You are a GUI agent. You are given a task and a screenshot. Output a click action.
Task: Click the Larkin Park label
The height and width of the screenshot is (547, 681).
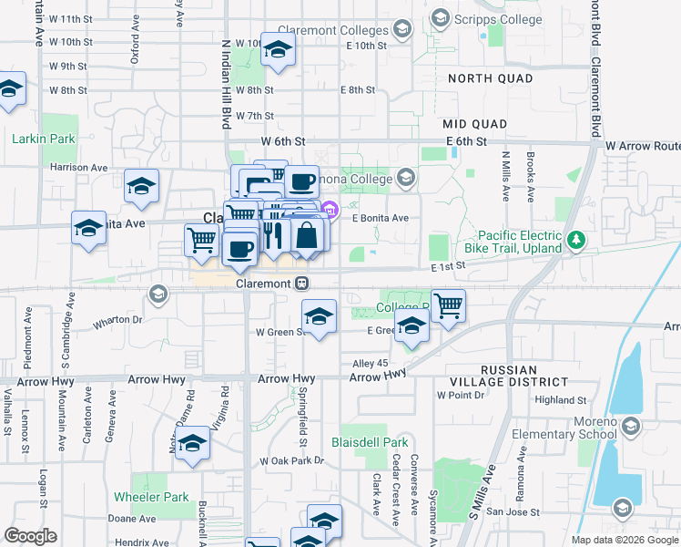point(44,139)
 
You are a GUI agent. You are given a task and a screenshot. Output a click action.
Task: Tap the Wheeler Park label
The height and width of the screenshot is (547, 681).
point(151,497)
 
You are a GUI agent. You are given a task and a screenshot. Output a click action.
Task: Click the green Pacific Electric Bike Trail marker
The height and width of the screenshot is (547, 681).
point(575,241)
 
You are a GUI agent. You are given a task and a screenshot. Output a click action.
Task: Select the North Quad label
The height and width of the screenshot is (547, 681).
point(491,78)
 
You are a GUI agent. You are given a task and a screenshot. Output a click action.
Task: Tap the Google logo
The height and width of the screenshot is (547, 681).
point(30,536)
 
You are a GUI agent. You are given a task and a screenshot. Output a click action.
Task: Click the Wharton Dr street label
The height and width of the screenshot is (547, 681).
point(117,320)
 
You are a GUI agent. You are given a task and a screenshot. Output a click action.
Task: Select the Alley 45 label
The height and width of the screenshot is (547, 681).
point(369,363)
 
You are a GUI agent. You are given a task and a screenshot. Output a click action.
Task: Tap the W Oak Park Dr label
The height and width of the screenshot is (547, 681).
point(291,461)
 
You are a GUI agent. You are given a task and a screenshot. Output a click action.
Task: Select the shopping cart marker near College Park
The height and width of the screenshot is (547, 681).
point(448,306)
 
